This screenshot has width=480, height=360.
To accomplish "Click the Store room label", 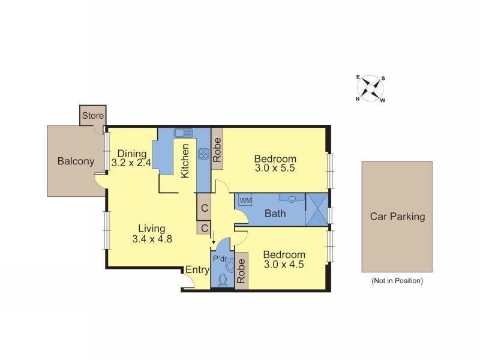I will [x=92, y=116].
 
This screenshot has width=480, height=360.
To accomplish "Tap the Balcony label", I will [x=76, y=161].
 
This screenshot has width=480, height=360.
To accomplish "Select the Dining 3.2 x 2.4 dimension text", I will [x=130, y=163].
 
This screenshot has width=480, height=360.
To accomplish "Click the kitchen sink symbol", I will [x=182, y=133].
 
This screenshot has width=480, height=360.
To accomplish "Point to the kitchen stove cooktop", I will [x=203, y=153].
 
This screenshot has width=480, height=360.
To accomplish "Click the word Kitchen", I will [x=186, y=160].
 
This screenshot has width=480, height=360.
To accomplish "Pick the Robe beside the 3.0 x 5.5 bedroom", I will [x=217, y=149].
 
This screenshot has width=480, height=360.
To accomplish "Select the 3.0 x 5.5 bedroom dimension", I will [x=275, y=169].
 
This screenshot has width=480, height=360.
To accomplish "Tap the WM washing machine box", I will [x=245, y=199].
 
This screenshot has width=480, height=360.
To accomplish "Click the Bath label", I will [x=275, y=213].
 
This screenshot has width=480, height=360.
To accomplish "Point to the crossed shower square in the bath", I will [x=316, y=209].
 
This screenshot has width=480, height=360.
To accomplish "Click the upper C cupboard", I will [x=205, y=208].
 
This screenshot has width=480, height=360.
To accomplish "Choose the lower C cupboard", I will [x=205, y=228].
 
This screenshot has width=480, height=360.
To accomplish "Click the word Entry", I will [x=197, y=270].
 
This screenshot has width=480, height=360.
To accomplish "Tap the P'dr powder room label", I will [x=220, y=259].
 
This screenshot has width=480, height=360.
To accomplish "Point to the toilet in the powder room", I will [x=223, y=279].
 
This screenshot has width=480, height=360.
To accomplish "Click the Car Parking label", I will [x=397, y=217].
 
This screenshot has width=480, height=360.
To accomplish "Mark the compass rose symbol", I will [x=371, y=88].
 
